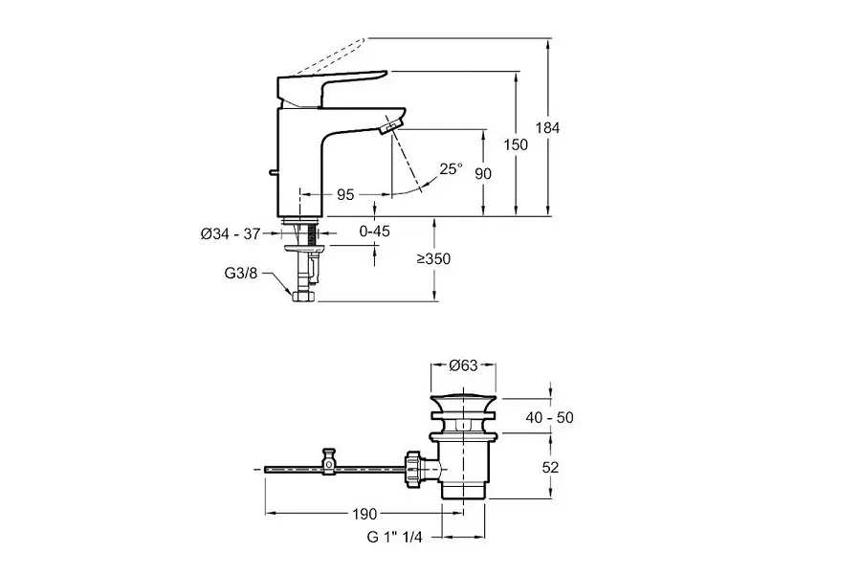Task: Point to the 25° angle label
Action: (451, 168)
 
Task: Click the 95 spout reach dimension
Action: (345, 194)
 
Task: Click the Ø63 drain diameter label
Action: (464, 365)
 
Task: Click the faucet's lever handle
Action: (330, 84)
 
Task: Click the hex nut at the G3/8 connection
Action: (303, 297)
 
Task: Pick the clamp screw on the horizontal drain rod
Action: (330, 461)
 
